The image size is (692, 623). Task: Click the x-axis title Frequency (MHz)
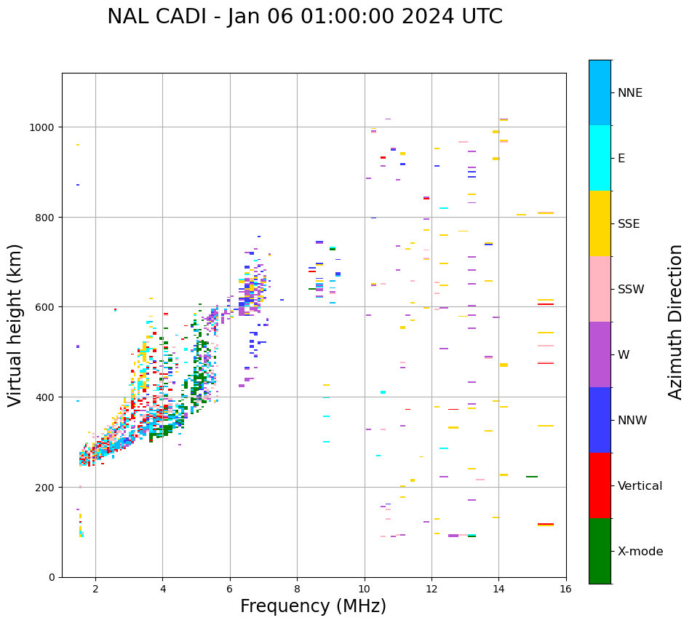point(313,606)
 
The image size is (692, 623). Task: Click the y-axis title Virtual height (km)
point(16,325)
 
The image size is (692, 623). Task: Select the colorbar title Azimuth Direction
point(675,322)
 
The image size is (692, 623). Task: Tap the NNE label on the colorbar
point(630,93)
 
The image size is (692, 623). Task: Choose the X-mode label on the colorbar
point(640,552)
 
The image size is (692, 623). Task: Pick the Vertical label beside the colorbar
point(640,486)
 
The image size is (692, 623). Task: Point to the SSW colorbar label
point(631,290)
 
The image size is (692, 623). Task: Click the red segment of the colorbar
point(600,485)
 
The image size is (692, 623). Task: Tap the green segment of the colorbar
point(600,551)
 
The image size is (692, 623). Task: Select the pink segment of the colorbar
point(600,289)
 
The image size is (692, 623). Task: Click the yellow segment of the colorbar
point(600,223)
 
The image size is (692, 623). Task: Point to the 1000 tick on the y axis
point(43,127)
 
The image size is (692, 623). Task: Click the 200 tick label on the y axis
point(46,487)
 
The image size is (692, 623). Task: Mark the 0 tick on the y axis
point(52,577)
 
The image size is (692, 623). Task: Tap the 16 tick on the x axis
point(566,590)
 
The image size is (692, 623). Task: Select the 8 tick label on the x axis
point(297,590)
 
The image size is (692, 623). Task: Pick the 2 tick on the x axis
point(95,590)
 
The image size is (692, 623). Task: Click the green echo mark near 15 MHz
point(532,477)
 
